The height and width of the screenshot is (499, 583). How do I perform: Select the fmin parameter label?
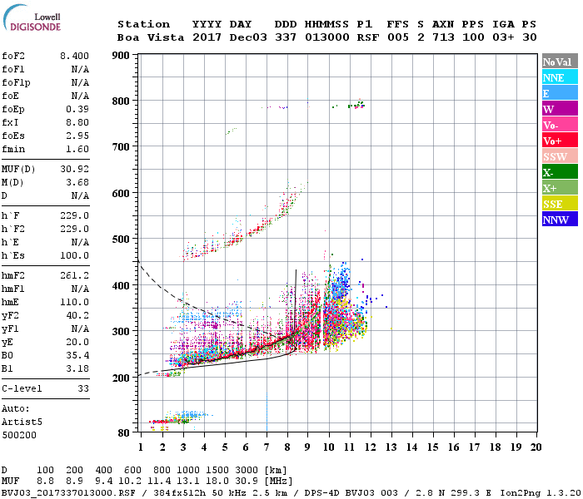(14, 148)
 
